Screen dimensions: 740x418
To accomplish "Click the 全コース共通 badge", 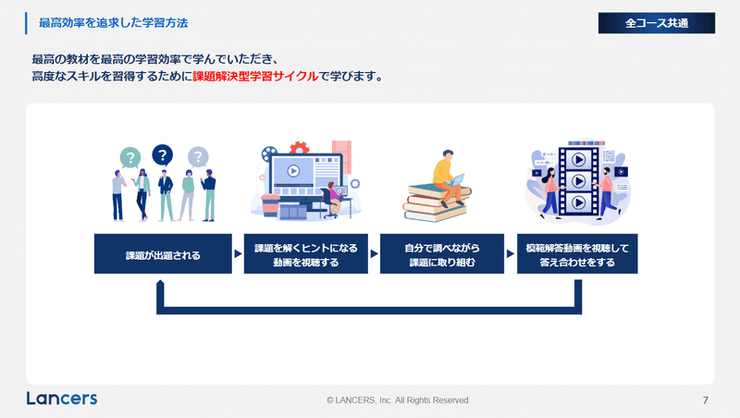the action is (x=657, y=23).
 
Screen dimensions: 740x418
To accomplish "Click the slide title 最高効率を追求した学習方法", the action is (x=113, y=23).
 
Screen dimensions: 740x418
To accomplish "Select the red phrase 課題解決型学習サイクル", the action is (x=255, y=76).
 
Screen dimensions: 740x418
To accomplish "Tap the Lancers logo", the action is (x=62, y=399).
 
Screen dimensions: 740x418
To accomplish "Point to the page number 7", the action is (x=706, y=400).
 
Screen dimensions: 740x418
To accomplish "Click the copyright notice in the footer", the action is (x=398, y=400).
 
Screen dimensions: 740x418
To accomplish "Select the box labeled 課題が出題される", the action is (x=163, y=253).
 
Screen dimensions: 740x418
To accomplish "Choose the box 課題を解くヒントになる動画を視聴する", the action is (x=306, y=253).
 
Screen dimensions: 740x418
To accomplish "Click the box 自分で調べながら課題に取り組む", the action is (x=442, y=253).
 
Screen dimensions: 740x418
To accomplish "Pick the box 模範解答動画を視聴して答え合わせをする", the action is (x=577, y=253).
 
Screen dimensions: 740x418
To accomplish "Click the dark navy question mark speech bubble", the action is (x=163, y=154).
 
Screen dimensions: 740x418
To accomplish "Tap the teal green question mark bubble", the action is (x=130, y=157).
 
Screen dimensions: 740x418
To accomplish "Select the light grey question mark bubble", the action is (x=198, y=156).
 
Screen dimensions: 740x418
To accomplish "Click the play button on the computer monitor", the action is (x=293, y=170).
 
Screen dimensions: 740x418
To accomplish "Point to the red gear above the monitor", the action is (x=299, y=148).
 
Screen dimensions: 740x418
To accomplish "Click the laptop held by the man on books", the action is (x=457, y=179).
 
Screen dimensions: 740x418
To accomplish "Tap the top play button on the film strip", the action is (x=579, y=159).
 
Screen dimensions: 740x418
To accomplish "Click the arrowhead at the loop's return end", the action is (x=160, y=284).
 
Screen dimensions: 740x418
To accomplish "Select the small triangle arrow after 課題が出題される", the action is (x=238, y=253).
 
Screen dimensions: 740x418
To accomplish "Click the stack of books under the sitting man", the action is (x=436, y=203).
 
